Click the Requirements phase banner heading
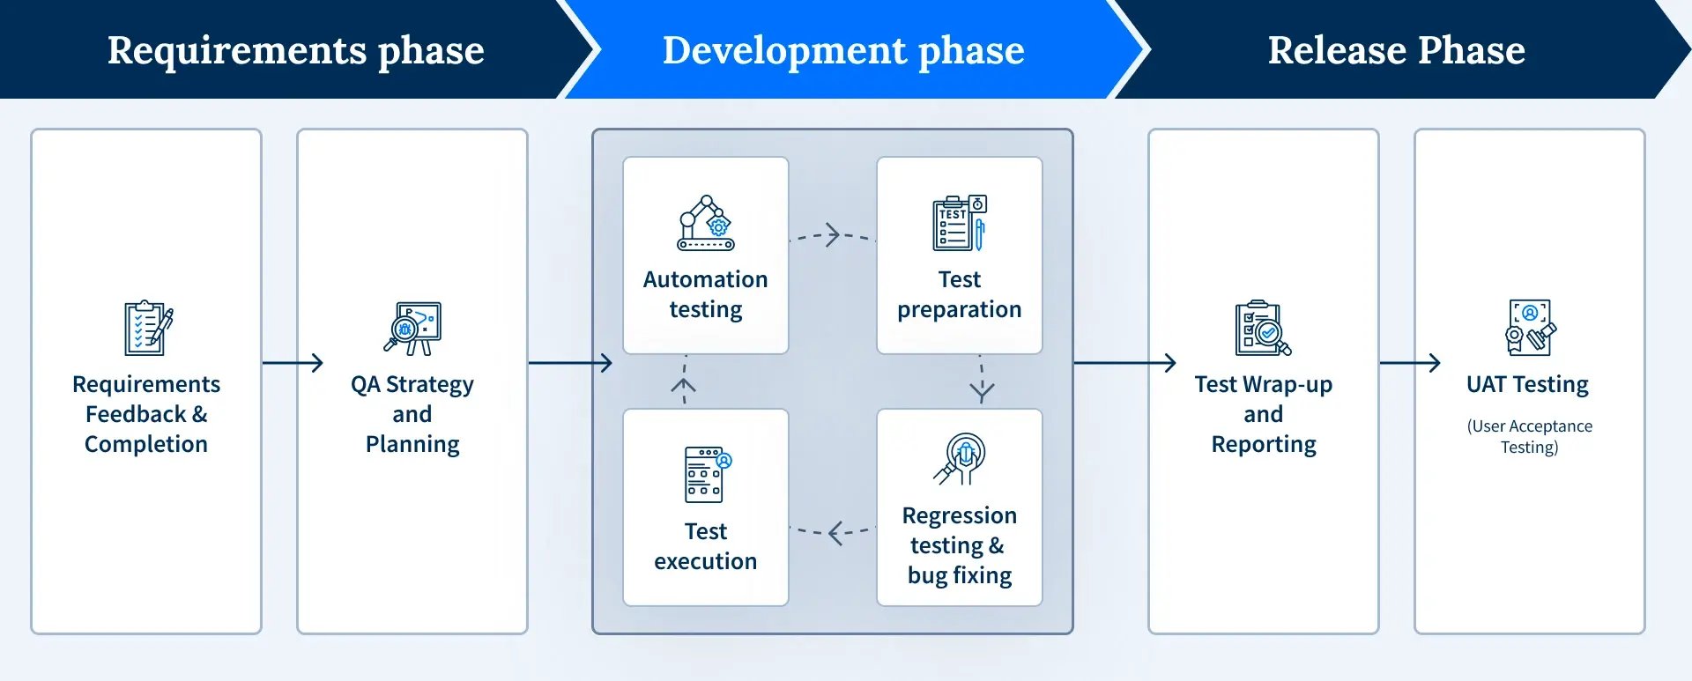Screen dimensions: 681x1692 295,50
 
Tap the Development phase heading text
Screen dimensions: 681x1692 843,50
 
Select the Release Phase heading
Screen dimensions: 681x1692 1396,50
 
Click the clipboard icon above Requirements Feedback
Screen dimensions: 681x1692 147,329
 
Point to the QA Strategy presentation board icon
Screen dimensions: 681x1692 413,329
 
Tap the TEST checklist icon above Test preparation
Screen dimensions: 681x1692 959,223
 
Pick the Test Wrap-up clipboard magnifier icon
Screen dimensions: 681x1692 1263,329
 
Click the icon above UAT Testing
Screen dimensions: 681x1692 1530,327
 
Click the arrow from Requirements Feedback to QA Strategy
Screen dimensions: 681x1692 293,362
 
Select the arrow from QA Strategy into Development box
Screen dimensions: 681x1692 570,362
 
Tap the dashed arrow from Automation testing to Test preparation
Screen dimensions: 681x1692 832,235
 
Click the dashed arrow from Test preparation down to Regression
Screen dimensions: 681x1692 981,381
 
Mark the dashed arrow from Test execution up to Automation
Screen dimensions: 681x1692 684,381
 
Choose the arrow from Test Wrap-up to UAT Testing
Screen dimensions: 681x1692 1410,362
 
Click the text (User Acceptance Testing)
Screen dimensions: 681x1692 1529,436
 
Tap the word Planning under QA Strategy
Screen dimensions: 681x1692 412,444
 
